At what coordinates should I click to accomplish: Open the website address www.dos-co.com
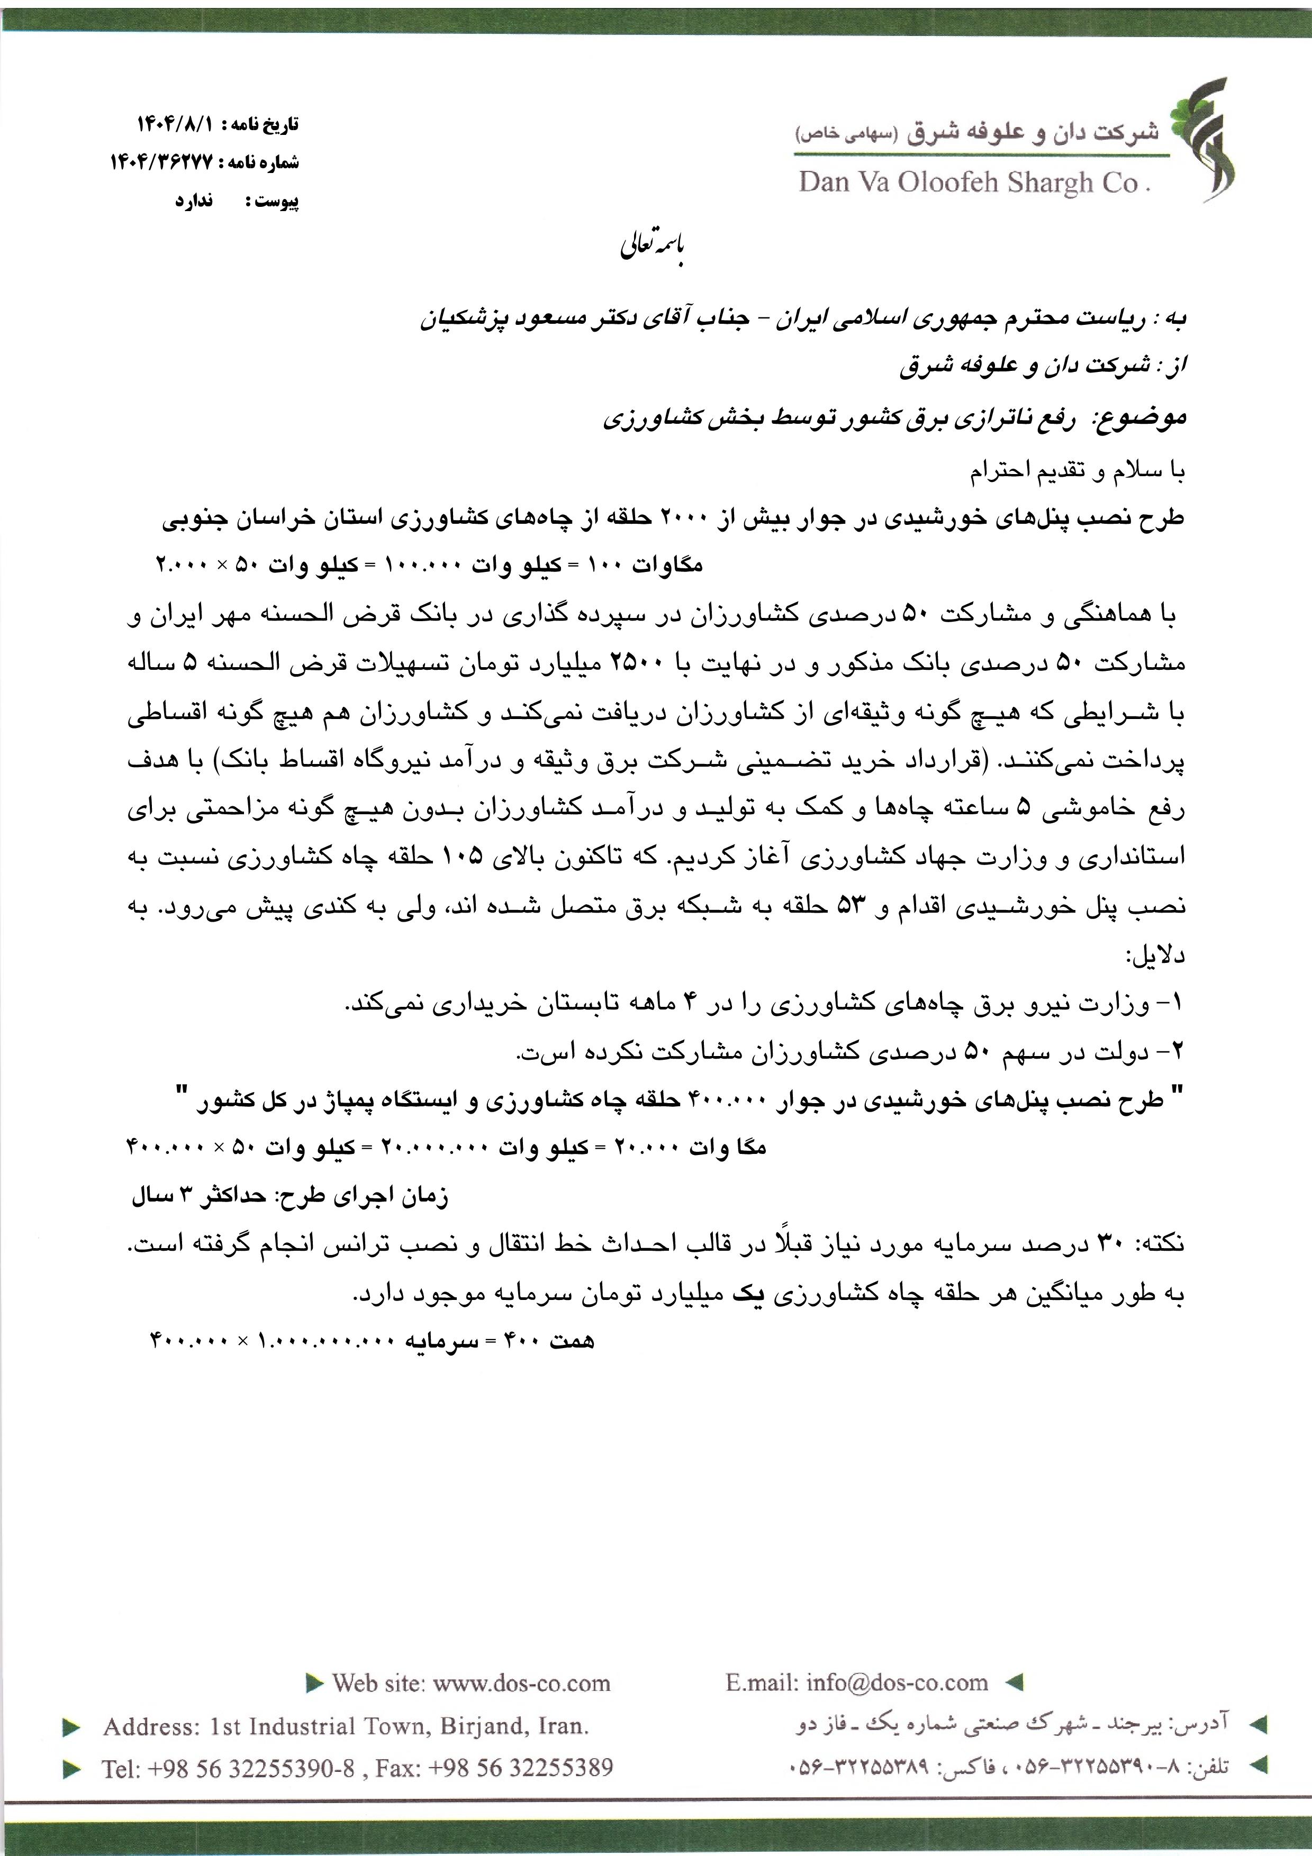[x=521, y=1683]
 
